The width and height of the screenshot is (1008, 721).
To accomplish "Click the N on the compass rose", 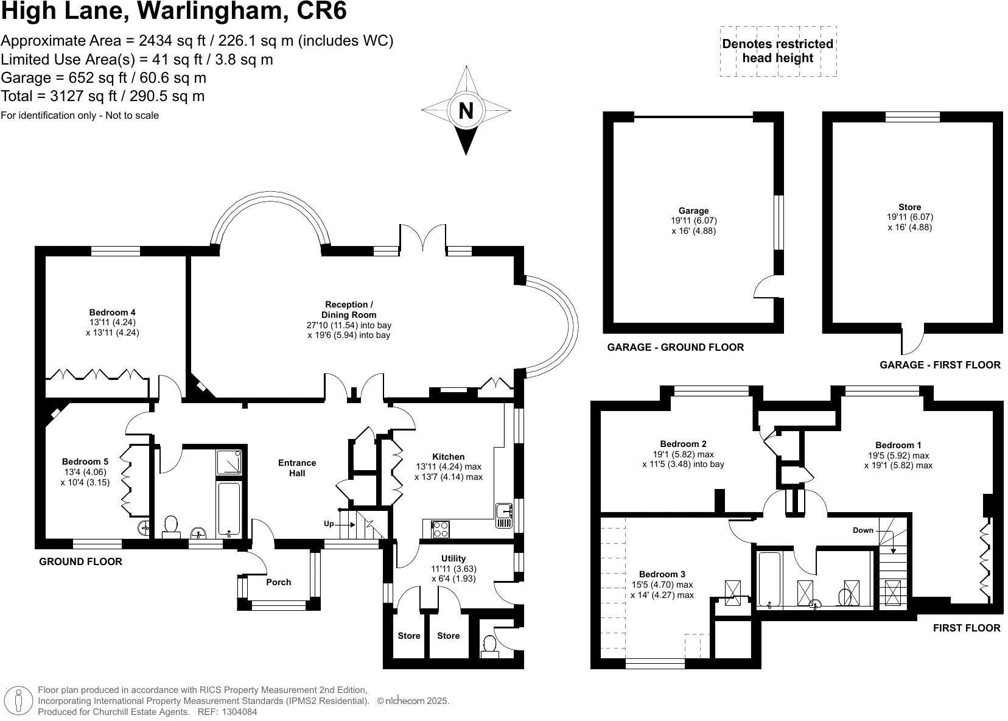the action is [x=466, y=111].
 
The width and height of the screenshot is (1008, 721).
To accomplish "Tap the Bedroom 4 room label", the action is [x=112, y=312].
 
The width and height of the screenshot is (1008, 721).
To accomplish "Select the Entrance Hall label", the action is [x=297, y=468].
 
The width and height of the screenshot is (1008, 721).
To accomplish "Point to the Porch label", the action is [x=279, y=582].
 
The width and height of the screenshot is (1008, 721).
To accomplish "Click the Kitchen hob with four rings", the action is [x=439, y=529].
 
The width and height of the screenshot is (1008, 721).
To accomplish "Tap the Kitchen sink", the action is [x=504, y=516].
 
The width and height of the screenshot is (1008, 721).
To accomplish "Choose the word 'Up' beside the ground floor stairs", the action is [x=329, y=524].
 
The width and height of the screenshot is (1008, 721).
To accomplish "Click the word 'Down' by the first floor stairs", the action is [x=863, y=530].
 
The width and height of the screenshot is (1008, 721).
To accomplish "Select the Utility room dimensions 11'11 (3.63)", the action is [x=453, y=569].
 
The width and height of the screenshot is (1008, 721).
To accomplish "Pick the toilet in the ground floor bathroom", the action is [x=170, y=527].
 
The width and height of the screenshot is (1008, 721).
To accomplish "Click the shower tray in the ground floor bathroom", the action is [x=229, y=462].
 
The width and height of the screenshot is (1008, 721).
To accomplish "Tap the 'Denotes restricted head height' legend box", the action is [x=778, y=51].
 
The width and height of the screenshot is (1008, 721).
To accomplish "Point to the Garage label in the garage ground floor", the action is [x=693, y=211].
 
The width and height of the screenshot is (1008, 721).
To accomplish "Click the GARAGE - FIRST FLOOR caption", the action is [x=940, y=365].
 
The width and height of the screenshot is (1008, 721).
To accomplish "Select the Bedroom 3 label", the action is [x=662, y=574].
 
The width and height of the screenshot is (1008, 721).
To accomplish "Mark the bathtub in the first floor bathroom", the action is [x=769, y=579].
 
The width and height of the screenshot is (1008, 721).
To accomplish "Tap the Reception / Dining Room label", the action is [x=349, y=309].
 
